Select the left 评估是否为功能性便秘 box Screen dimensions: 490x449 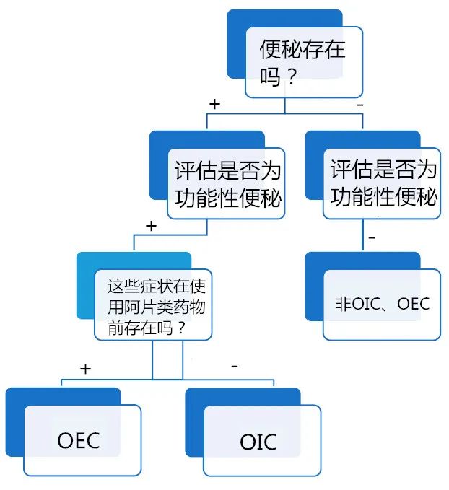click(x=227, y=183)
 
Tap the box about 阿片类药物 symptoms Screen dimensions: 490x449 click(x=154, y=305)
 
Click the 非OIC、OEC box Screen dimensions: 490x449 click(x=382, y=304)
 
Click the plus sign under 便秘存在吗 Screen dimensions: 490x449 click(x=214, y=104)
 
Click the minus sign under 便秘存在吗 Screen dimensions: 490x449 click(x=359, y=104)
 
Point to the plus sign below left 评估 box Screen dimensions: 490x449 click(x=151, y=226)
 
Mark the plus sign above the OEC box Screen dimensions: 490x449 click(x=86, y=369)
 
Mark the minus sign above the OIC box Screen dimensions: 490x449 click(x=234, y=367)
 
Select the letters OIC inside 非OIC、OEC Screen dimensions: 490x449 click(x=367, y=303)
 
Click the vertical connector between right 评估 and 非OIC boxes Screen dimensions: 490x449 click(x=362, y=235)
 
